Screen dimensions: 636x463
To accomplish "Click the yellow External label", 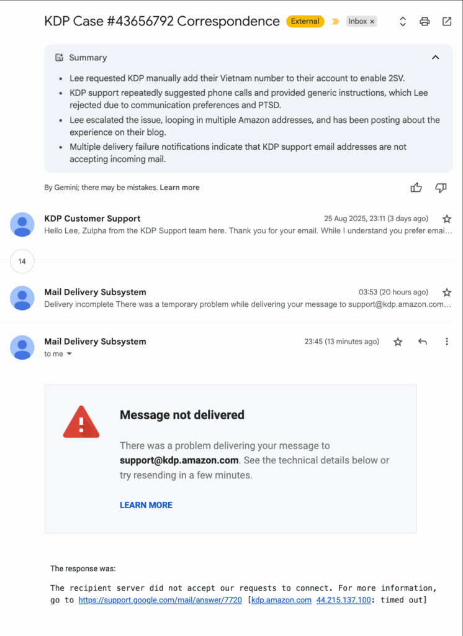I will tap(305, 21).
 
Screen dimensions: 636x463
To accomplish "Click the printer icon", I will tap(425, 22).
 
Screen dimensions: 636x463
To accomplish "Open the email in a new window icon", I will tap(447, 22).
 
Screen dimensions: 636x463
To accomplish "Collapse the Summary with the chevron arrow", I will tap(436, 57).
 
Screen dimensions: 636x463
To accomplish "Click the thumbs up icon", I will tap(416, 188).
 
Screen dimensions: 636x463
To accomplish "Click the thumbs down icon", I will tap(441, 188).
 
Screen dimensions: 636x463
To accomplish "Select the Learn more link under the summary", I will tap(180, 188).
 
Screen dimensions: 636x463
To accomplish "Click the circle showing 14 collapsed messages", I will tap(22, 261).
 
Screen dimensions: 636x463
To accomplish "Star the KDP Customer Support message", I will tap(447, 219).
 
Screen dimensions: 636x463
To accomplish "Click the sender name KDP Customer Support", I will tap(92, 219).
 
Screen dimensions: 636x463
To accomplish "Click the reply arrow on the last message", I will tap(423, 342).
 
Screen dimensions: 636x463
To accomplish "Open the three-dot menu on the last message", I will tap(447, 342).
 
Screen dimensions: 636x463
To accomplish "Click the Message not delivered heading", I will tap(182, 415).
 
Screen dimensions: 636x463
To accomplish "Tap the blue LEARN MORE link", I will tap(146, 505).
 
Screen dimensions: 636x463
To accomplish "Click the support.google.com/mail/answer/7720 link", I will tap(160, 600).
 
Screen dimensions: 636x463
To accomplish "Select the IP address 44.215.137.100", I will tap(344, 600).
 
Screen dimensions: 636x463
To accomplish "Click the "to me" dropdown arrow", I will tap(70, 354).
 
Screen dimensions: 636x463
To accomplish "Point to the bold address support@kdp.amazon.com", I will tap(179, 460).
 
